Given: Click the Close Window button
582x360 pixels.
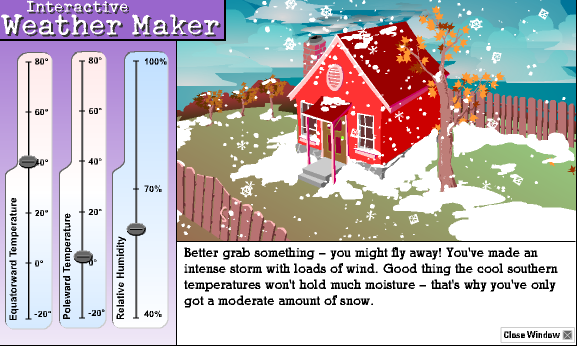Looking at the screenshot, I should (538, 334).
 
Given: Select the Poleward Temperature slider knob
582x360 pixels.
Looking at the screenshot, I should (83, 257).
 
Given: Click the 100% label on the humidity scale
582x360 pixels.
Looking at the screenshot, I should (155, 62).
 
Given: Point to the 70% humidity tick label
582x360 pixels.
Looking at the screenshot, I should (154, 189).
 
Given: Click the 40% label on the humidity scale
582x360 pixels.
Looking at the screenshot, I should (154, 314).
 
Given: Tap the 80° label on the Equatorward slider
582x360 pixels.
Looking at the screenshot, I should (42, 61).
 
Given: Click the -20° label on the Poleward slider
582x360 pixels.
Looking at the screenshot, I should (93, 313).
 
